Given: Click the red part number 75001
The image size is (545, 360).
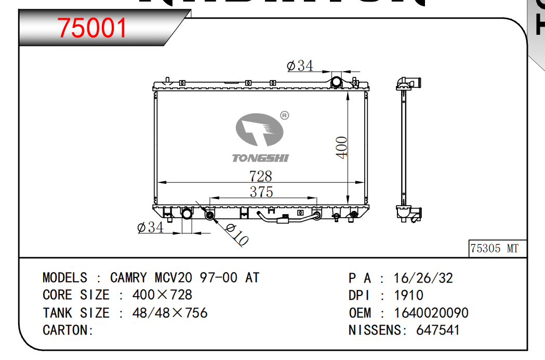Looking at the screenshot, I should coord(92,28).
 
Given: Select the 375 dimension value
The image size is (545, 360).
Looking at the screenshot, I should coord(261,192).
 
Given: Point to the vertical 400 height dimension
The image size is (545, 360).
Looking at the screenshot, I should coord(341,148).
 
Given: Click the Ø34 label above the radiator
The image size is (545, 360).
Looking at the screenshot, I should coord(300,66).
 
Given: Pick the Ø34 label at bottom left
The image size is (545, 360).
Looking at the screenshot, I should coord(150,227).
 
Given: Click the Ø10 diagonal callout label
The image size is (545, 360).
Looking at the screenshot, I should coord(237,234).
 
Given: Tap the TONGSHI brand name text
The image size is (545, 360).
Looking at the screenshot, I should coord(260,158).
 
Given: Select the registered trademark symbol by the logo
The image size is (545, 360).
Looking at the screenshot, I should coord(284,115).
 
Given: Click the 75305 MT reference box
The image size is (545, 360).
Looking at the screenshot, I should coord(494,248).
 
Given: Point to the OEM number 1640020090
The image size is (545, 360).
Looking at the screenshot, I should coord(431,313).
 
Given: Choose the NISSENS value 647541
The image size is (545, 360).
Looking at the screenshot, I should coord(438,330).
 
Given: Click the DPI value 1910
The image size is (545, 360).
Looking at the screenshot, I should coord(408,296).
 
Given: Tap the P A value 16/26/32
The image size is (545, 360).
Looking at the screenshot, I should coord(423,278).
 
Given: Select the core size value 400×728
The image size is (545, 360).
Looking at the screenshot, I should coord(163,295).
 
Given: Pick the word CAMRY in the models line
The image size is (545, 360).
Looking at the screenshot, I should coord(128,278).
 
